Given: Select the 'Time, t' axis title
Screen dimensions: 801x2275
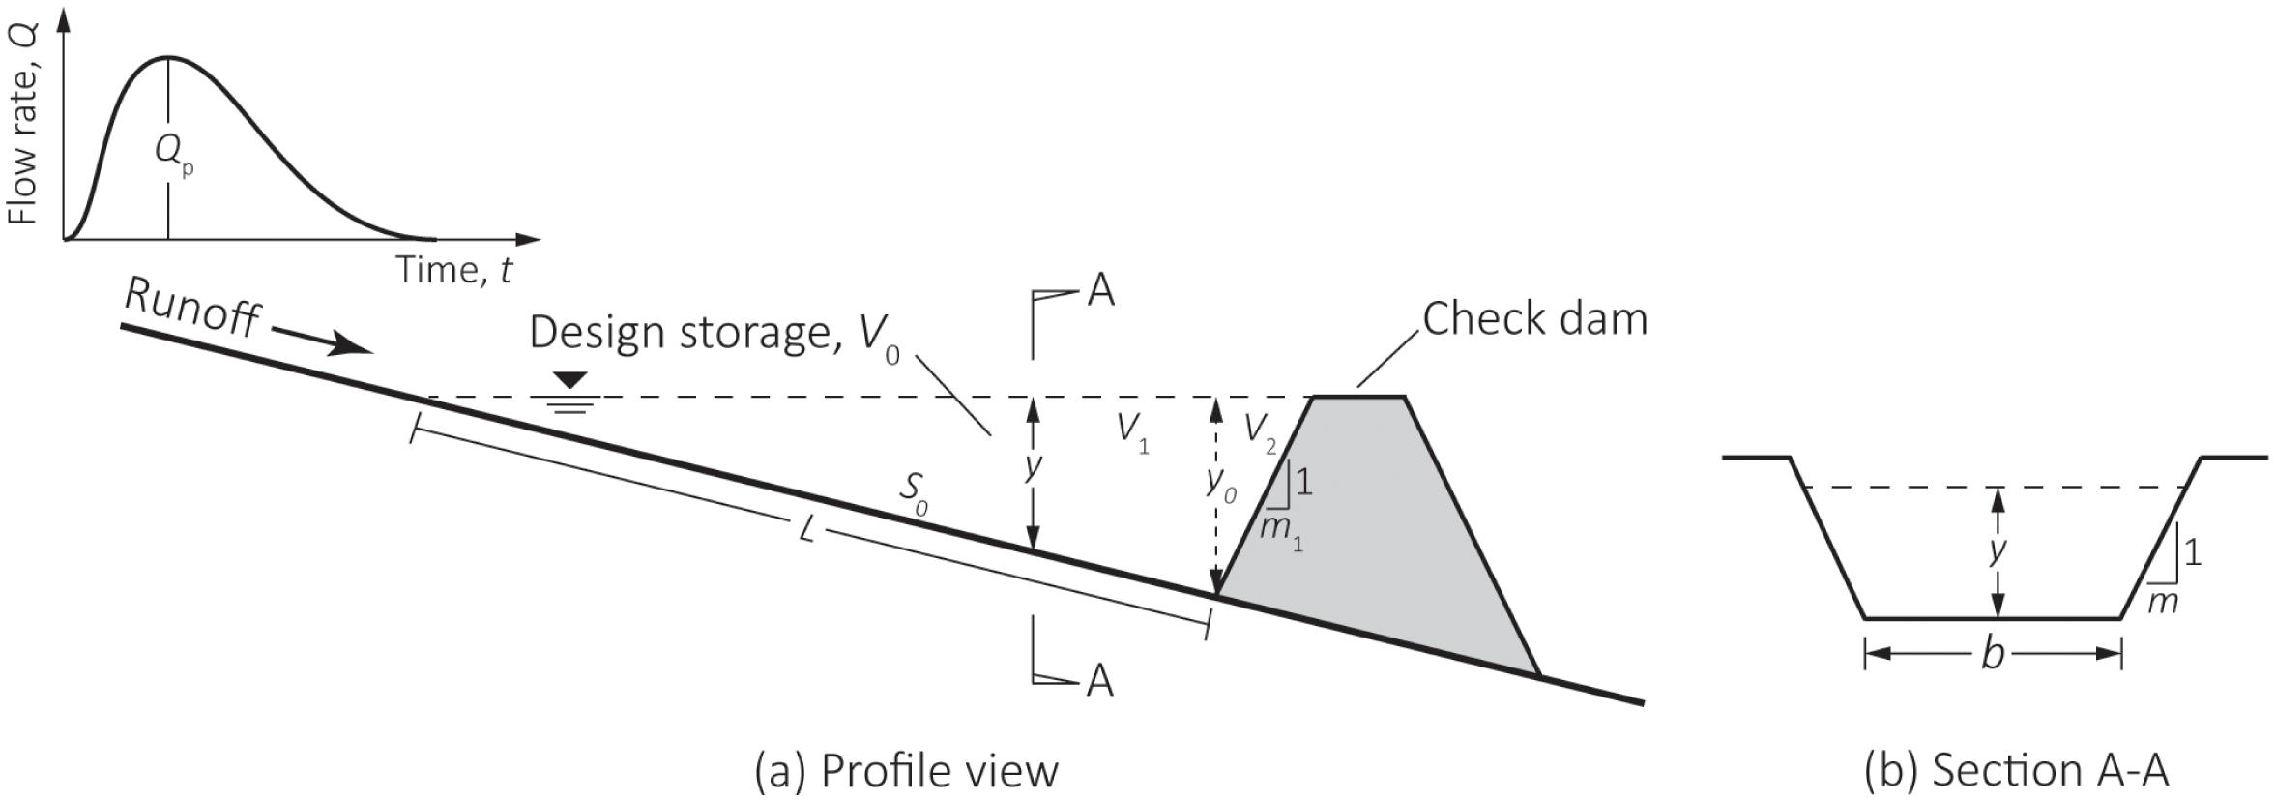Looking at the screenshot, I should (x=453, y=270).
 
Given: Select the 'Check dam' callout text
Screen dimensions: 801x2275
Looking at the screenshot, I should (x=1534, y=319).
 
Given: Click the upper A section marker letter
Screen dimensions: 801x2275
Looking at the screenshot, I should (x=1100, y=291).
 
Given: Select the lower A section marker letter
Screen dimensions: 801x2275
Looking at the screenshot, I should (x=1099, y=681).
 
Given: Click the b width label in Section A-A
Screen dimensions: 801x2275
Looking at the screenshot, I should (x=1992, y=655).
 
